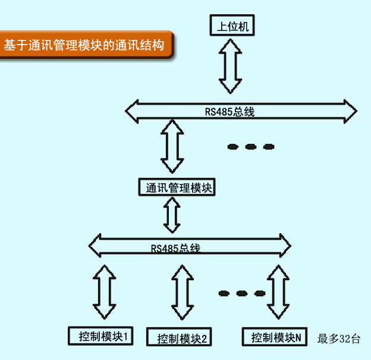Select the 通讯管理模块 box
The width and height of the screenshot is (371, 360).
click(x=177, y=188)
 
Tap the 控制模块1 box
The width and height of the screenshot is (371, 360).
click(x=100, y=337)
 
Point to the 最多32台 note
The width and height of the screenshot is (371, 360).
click(x=339, y=339)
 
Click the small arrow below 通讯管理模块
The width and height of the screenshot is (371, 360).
click(x=172, y=215)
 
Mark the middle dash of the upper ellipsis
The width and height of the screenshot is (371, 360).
click(x=250, y=146)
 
